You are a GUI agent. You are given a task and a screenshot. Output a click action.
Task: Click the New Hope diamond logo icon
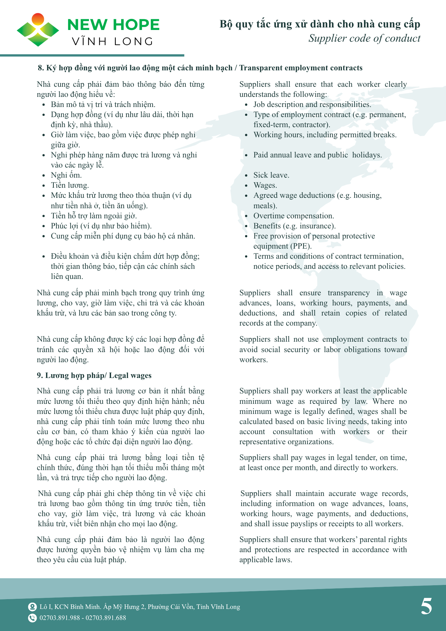tap(38, 30)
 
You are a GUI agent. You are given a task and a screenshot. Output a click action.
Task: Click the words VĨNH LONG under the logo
tap(113, 41)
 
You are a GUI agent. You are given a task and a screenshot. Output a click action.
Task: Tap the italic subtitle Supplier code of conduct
tap(364, 38)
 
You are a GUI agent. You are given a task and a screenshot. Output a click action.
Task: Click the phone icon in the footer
tap(32, 618)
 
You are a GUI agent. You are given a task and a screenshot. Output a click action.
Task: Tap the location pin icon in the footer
tap(32, 607)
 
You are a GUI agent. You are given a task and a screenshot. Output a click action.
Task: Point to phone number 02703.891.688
tap(106, 618)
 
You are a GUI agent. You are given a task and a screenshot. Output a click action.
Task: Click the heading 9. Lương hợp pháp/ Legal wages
tap(94, 375)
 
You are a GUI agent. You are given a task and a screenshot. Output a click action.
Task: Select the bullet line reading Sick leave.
tap(271, 175)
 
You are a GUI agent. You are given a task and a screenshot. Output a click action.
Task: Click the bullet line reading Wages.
tap(265, 185)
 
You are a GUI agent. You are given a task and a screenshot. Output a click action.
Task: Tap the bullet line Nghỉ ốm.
tap(66, 175)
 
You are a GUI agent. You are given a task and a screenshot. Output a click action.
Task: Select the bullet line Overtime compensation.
tap(294, 216)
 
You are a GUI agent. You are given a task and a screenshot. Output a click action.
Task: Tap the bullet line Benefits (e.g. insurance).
tap(294, 226)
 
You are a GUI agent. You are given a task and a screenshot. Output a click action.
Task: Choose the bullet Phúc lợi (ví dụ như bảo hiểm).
tap(101, 226)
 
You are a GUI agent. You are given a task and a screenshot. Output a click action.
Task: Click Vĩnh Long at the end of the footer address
tap(226, 607)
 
